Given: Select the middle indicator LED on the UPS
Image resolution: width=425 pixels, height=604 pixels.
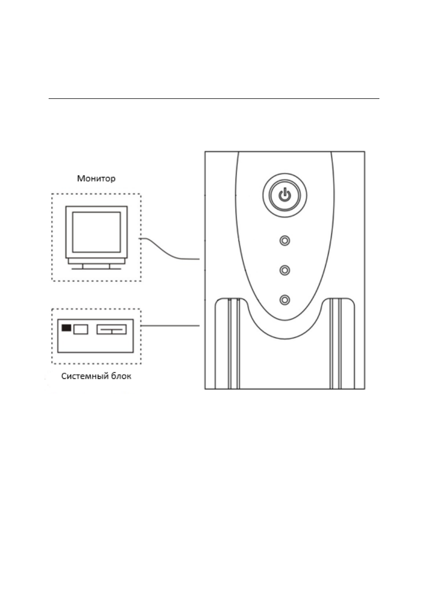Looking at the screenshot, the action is (x=285, y=270).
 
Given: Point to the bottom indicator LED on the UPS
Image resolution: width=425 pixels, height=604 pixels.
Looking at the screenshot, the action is (x=285, y=300).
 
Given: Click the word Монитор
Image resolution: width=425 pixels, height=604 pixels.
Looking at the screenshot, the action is (x=96, y=179).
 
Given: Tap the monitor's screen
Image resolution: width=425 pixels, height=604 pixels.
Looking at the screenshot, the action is (x=96, y=233).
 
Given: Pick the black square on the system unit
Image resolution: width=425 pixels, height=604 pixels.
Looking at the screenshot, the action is (x=66, y=328).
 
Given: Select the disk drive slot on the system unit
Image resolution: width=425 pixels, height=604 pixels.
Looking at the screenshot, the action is (x=111, y=330).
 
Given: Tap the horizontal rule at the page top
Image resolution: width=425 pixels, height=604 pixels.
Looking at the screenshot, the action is (x=213, y=99).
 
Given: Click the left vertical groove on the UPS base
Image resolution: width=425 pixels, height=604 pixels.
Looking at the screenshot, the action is (x=234, y=345).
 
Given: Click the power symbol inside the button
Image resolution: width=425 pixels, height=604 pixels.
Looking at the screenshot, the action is (x=285, y=195).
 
